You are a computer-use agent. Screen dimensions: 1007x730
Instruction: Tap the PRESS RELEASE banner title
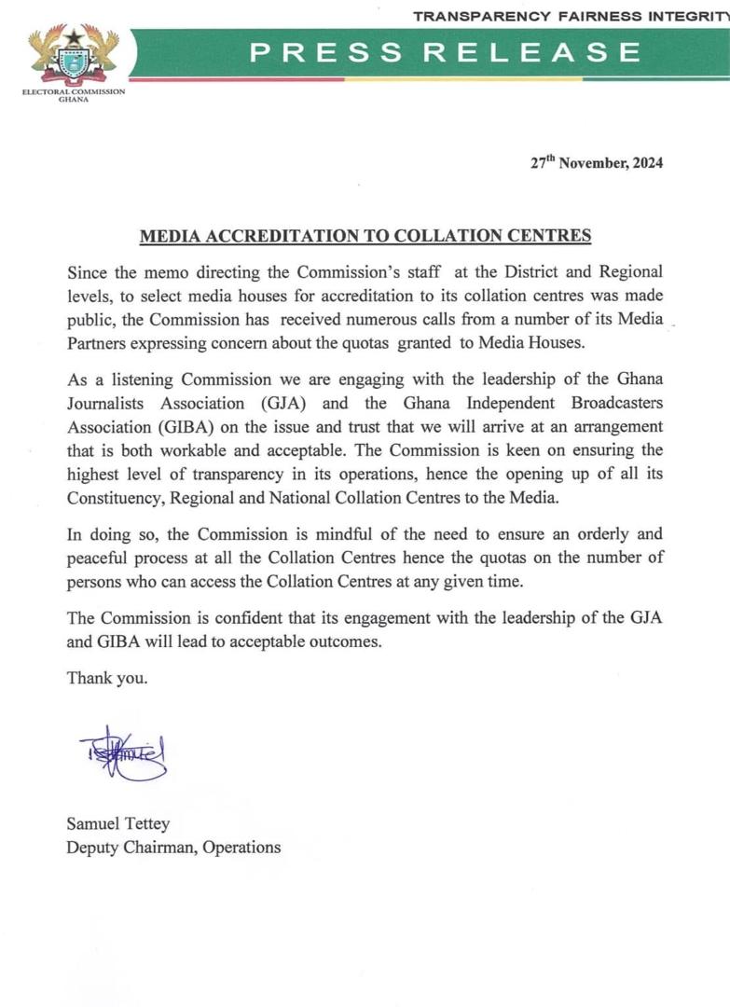446,52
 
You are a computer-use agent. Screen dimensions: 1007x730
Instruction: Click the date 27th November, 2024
597,162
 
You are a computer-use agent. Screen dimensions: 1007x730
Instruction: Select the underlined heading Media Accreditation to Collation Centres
365,236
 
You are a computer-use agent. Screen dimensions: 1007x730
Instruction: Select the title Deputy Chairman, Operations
173,847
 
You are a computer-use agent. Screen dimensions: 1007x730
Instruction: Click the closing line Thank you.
106,678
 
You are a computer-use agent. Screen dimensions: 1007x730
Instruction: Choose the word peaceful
100,558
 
